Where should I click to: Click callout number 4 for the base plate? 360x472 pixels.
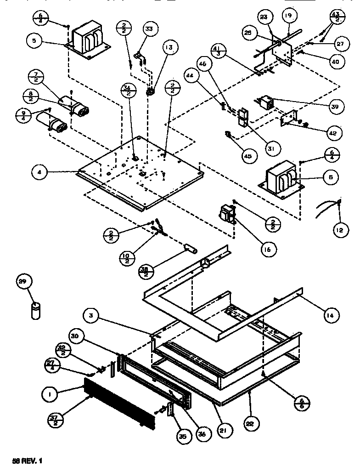[x=40, y=173]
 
